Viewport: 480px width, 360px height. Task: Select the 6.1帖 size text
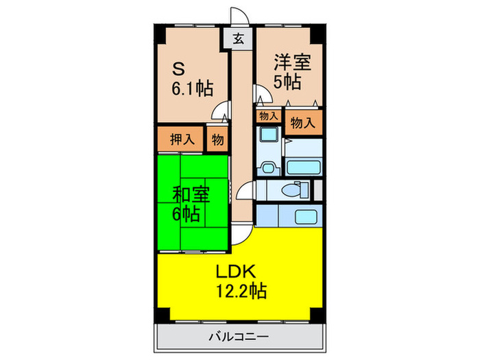tap(192, 88)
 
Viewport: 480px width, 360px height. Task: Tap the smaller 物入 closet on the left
tap(268, 117)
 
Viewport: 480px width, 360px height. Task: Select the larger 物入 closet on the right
tap(303, 123)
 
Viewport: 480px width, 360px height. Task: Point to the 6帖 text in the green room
tap(186, 214)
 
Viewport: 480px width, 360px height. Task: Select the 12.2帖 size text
tap(239, 290)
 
